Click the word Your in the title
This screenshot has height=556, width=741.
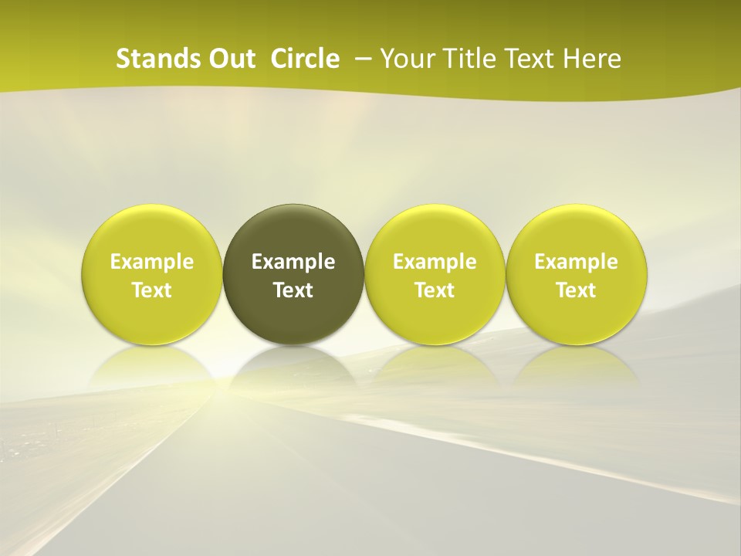coord(405,59)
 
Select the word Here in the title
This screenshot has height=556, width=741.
coord(593,59)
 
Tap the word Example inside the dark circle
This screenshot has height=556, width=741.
coord(293,263)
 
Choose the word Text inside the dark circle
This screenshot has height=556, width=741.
coord(293,290)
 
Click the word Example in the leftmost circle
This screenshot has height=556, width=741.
coord(152,263)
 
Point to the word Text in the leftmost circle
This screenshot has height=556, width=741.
coord(152,290)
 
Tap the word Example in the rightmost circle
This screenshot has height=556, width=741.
coord(577,263)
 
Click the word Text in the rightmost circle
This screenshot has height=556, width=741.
coord(577,290)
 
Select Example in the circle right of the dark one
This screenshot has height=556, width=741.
coord(435,263)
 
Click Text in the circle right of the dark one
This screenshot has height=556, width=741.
coord(435,290)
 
